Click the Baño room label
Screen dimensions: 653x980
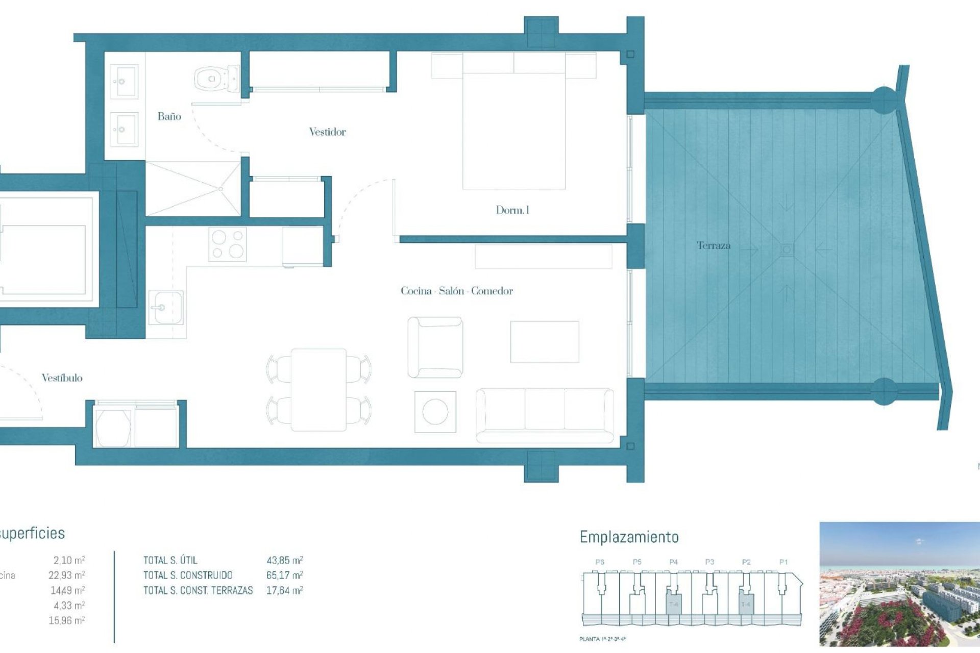coord(169,116)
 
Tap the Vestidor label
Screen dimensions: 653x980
coord(327,132)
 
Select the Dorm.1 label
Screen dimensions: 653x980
coord(512,210)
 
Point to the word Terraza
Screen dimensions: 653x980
coord(713,245)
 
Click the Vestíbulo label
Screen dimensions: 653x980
coord(62,378)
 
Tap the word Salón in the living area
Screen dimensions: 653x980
coord(452,291)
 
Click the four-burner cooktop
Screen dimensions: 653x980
coord(228,244)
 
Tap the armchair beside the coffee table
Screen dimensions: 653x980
coord(435,347)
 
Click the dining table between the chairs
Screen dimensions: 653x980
coord(319,389)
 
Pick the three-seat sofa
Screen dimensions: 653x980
coord(545,414)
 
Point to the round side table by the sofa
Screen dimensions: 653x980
coord(435,412)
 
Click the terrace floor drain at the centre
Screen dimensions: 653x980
coord(787,249)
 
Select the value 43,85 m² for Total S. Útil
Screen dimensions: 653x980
coord(284,560)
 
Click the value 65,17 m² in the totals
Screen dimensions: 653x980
coord(284,575)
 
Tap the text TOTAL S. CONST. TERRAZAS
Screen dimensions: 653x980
coord(198,590)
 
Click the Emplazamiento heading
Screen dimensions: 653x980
coord(629,537)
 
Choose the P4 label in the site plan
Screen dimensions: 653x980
coord(673,562)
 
